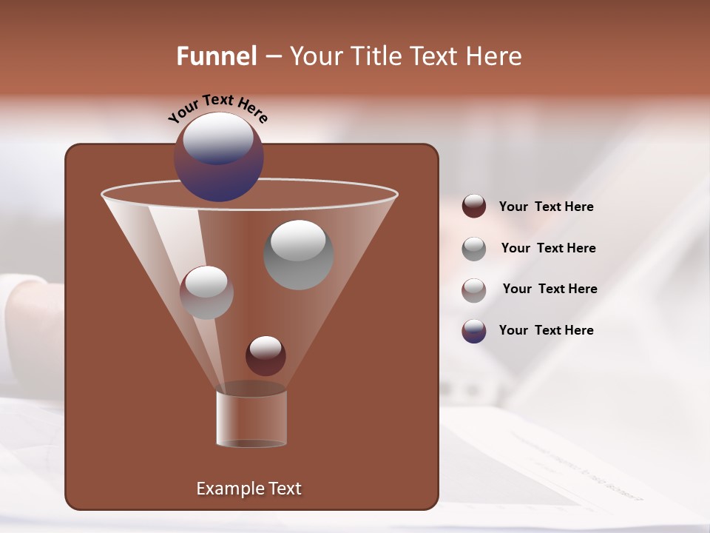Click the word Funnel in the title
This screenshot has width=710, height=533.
[217, 56]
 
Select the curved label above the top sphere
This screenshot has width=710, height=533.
[218, 108]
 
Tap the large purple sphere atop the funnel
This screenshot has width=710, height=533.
[219, 157]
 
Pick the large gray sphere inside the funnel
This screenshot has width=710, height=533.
[298, 255]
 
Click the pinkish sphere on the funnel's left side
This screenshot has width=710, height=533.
[206, 292]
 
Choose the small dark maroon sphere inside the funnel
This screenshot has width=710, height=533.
[266, 355]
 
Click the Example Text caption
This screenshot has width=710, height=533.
[249, 489]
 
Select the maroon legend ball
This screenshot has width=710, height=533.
[474, 206]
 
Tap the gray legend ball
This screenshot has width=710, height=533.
[474, 248]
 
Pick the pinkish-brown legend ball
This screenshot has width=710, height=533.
[474, 289]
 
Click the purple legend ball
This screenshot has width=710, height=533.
[474, 331]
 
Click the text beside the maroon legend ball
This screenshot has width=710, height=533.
[547, 207]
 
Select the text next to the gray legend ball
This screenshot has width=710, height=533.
[548, 248]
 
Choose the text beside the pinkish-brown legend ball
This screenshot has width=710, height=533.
[550, 289]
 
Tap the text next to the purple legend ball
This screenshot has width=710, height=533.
[547, 330]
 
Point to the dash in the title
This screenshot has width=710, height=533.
[272, 56]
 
